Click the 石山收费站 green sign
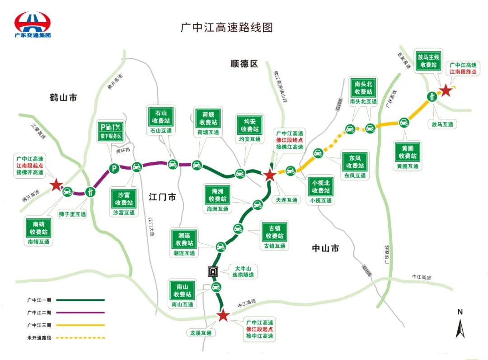pyautogui.click(x=161, y=117)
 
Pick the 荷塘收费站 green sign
pyautogui.click(x=208, y=118)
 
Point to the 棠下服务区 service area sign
pyautogui.click(x=111, y=131)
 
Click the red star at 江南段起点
pyautogui.click(x=56, y=185)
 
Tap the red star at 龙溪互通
pyautogui.click(x=222, y=316)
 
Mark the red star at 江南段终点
pyautogui.click(x=446, y=91)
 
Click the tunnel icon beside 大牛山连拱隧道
pyautogui.click(x=212, y=271)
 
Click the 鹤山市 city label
pyautogui.click(x=63, y=97)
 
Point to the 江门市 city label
pyautogui.click(x=162, y=197)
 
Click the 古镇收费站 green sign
pyautogui.click(x=274, y=232)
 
